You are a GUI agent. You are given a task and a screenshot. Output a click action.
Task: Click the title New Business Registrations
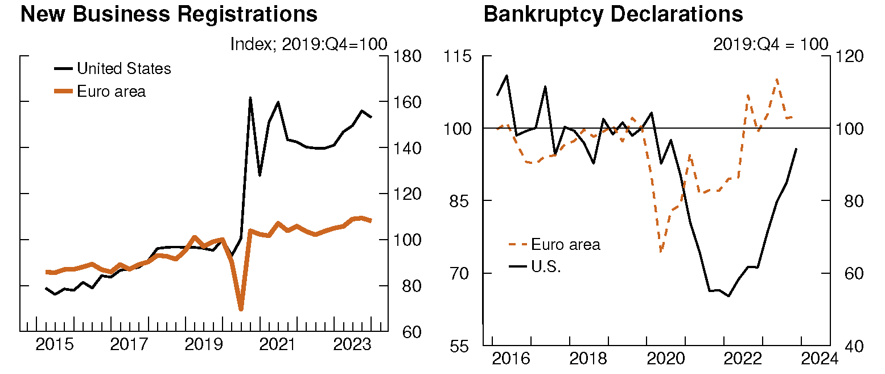pos(168,14)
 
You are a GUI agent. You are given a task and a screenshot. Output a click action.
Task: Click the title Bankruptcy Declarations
pos(613,14)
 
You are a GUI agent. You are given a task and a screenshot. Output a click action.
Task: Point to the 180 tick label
pos(407,56)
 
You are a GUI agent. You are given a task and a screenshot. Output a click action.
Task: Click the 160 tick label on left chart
pos(407,102)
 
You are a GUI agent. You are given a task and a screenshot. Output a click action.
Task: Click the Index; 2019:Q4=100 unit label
pos(308,44)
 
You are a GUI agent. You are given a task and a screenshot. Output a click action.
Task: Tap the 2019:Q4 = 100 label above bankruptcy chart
pos(771,44)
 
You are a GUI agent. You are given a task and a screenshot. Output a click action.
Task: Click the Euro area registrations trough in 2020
pos(241,309)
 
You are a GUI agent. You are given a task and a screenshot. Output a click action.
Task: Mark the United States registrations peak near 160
pos(250,98)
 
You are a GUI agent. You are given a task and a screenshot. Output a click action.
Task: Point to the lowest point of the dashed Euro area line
pos(661,251)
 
